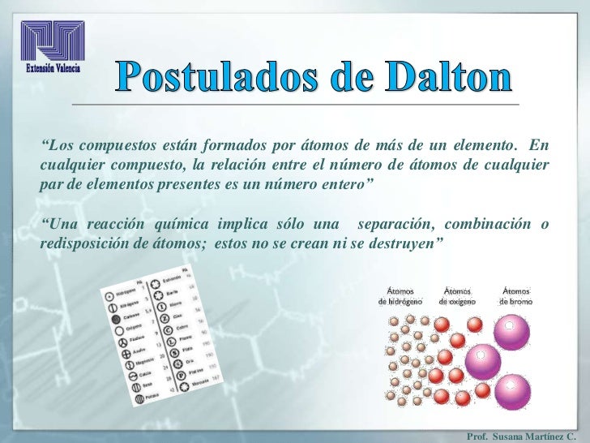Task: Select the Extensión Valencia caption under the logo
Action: click(53, 68)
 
